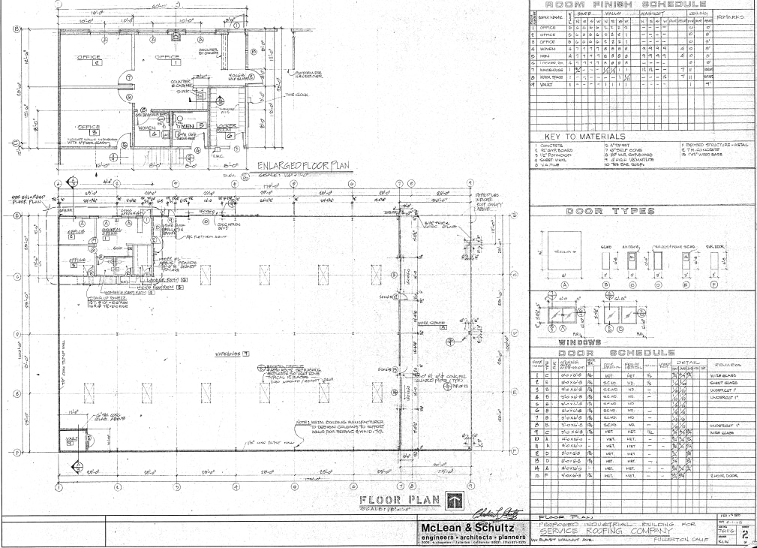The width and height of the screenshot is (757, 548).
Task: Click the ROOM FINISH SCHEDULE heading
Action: pos(641,6)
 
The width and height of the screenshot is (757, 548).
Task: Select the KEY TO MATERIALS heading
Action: pos(581,137)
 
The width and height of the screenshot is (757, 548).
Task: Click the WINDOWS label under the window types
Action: pos(575,342)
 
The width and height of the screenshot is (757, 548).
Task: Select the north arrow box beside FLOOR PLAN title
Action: pos(454,501)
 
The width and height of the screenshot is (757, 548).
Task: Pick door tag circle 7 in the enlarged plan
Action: pos(128,77)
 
